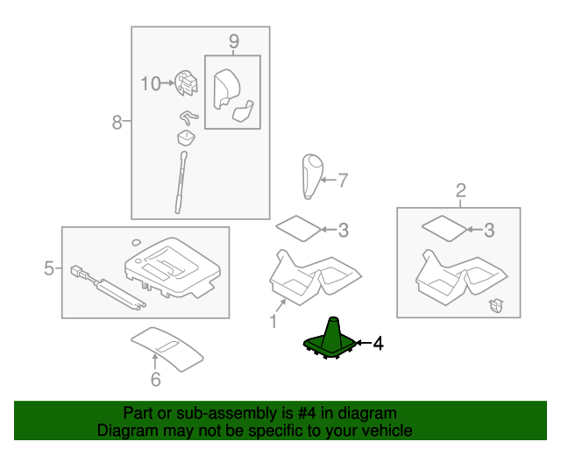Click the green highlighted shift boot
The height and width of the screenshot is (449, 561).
[330, 340]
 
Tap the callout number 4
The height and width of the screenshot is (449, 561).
[378, 344]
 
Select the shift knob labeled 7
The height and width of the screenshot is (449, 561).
[313, 176]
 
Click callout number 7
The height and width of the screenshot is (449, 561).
[343, 180]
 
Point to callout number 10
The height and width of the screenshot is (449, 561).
[151, 84]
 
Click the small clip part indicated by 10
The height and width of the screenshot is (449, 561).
[186, 83]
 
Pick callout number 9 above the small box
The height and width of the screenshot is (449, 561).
[234, 41]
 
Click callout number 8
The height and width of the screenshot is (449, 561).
[117, 122]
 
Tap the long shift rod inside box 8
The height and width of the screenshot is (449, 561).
[181, 182]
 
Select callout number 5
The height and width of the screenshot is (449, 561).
[49, 267]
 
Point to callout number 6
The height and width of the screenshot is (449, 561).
[156, 380]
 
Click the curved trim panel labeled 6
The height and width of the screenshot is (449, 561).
[167, 349]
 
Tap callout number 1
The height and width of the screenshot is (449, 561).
[273, 321]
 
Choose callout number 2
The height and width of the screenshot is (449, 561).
[461, 190]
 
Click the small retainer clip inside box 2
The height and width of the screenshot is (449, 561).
[497, 305]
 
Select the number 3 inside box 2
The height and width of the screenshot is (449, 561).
[489, 231]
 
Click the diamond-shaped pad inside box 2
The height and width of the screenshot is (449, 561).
[444, 228]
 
